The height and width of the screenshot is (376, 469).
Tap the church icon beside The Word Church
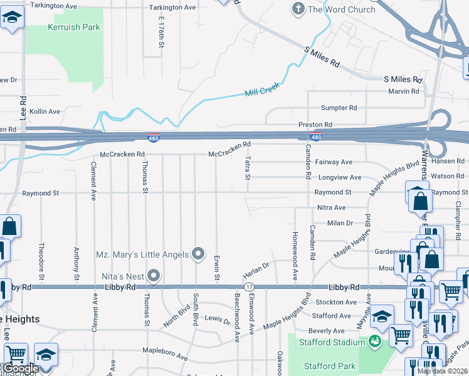(x=298, y=9)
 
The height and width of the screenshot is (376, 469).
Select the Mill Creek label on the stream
(x=261, y=91)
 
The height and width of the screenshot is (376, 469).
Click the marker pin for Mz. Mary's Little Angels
(x=198, y=254)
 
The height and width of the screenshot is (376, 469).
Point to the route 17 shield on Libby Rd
(x=250, y=286)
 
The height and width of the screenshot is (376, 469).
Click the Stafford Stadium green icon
(x=375, y=342)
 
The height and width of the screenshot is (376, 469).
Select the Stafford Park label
(x=330, y=366)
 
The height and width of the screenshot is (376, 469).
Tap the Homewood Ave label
(x=294, y=247)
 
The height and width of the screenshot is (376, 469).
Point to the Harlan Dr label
(x=255, y=271)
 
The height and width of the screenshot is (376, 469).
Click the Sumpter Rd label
(x=339, y=108)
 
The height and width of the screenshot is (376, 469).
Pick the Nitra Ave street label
(x=331, y=207)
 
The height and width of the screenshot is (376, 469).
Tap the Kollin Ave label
(x=45, y=112)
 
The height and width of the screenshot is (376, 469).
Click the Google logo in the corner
(x=20, y=368)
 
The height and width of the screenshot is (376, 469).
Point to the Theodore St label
(x=41, y=261)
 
